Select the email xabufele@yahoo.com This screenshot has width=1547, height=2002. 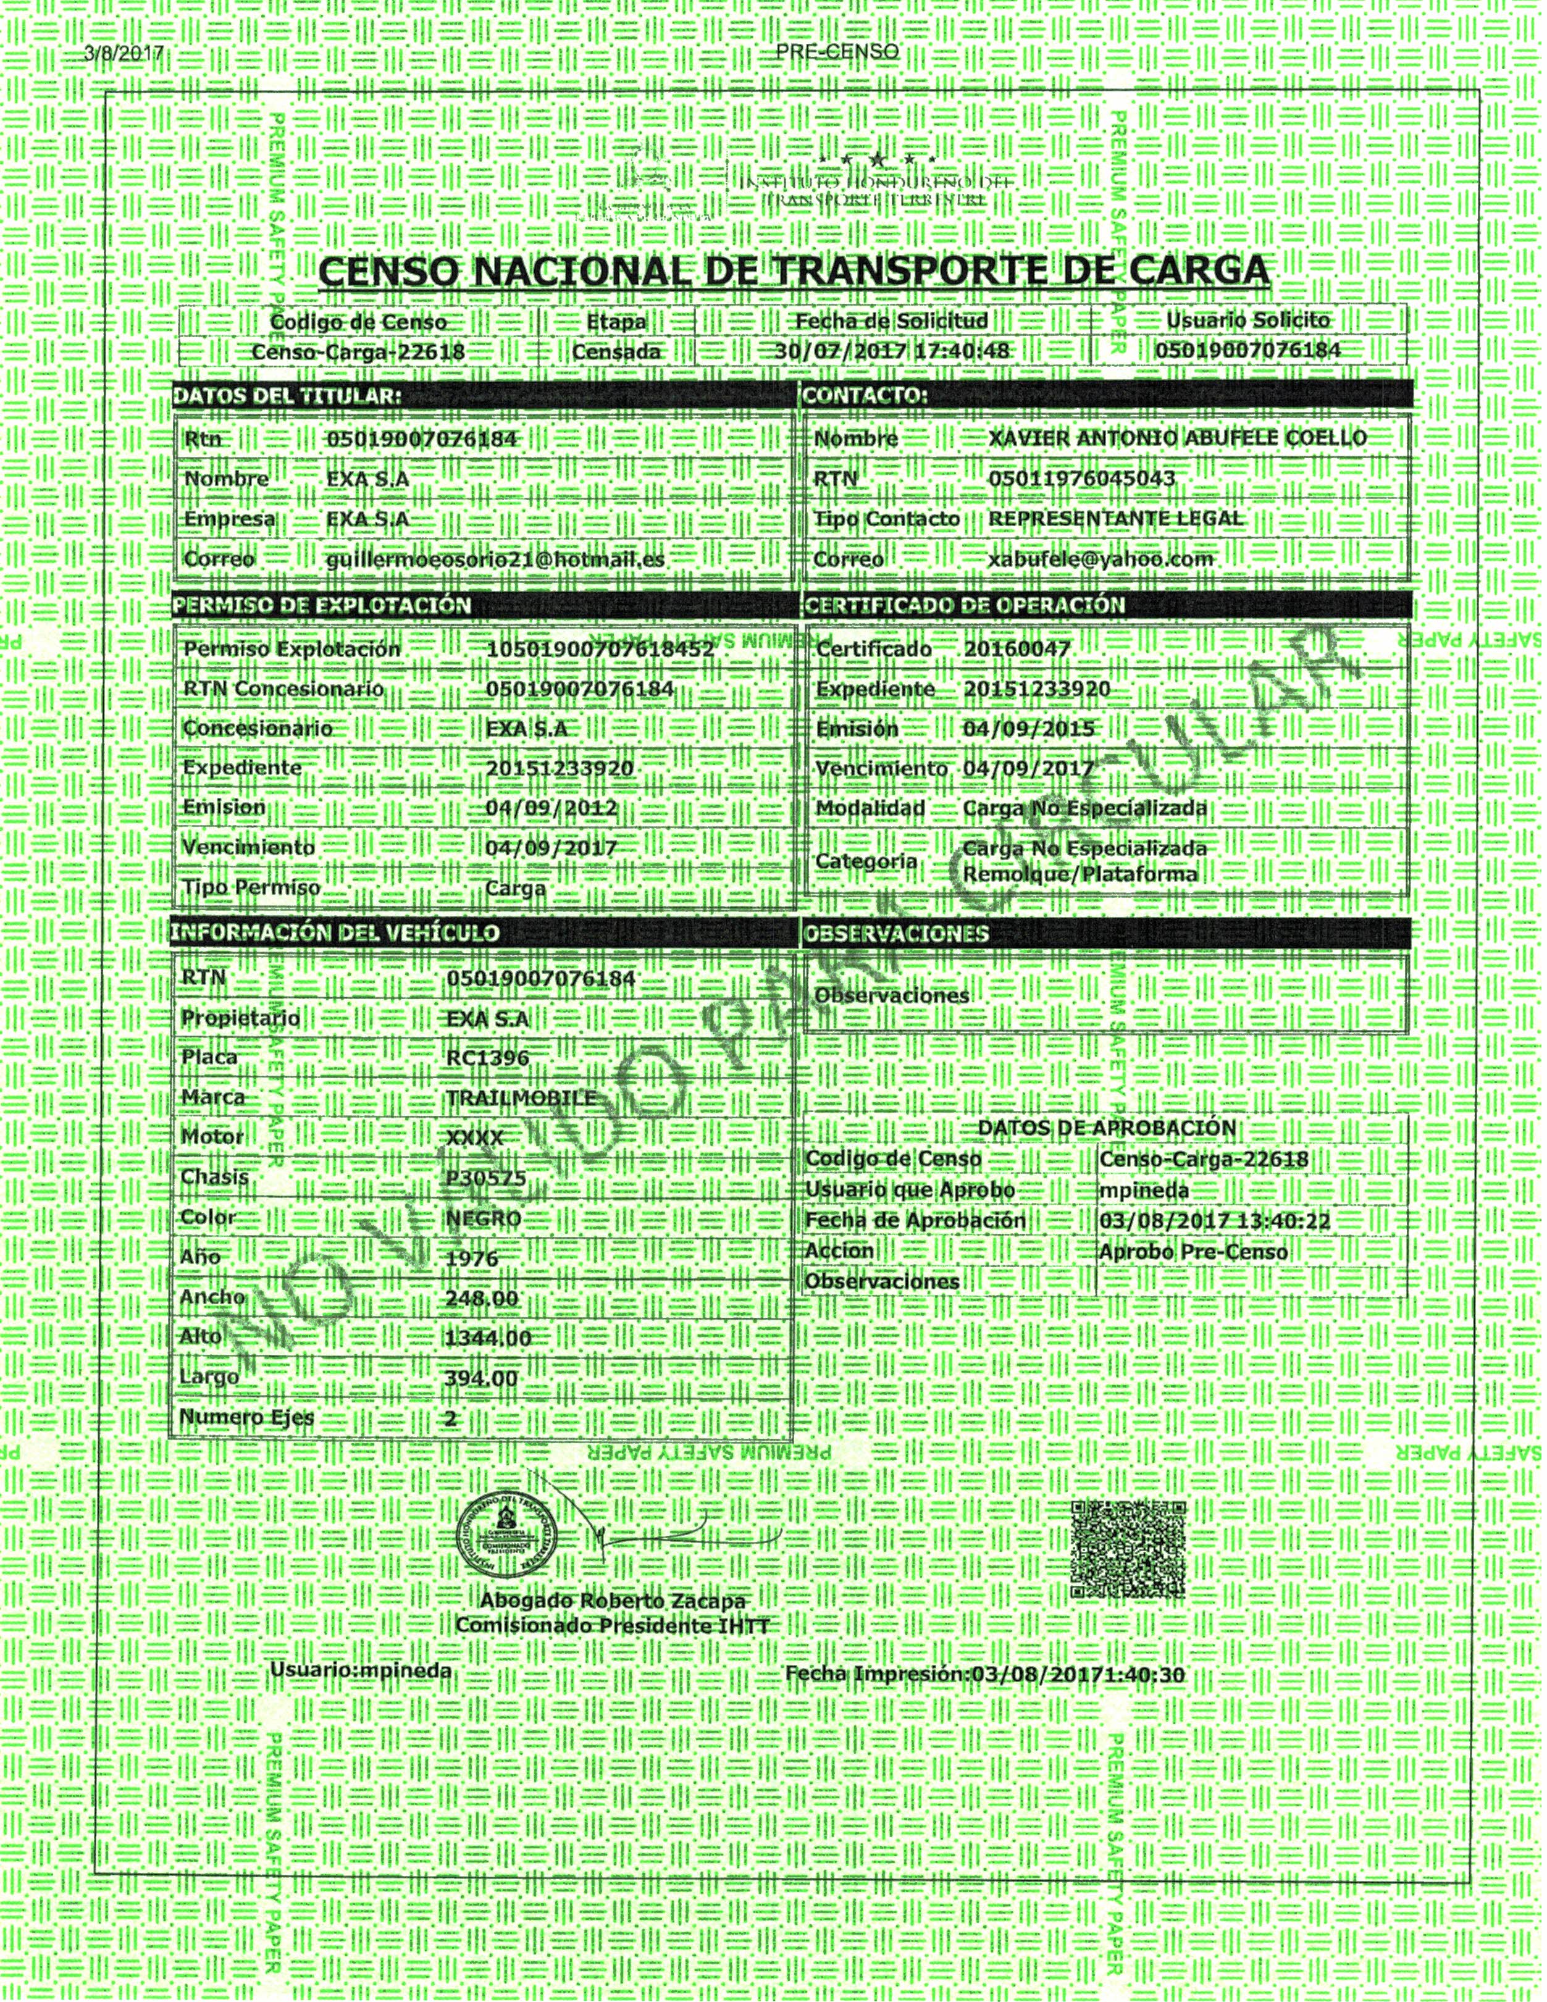click(1101, 559)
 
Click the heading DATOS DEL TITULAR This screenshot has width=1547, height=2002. click(287, 396)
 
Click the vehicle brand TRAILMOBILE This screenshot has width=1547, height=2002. click(521, 1098)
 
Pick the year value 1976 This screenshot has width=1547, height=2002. click(471, 1259)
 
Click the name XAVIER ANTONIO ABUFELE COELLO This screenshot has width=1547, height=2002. click(1176, 438)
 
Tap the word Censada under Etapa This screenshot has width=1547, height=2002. click(616, 351)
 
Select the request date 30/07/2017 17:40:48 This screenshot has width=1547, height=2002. click(892, 351)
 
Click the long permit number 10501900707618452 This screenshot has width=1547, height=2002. click(600, 649)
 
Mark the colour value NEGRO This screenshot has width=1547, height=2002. click(483, 1219)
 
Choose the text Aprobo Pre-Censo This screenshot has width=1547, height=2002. click(1193, 1252)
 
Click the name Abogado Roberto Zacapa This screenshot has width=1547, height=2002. click(612, 1601)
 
